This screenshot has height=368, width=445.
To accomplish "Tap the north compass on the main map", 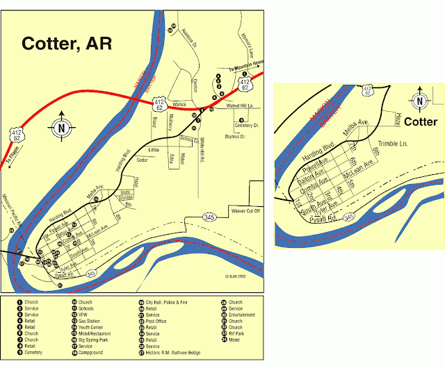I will pos(61,127).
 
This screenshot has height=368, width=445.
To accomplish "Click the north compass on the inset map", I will pos(420,101).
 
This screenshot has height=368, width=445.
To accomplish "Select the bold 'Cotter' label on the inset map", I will pos(421,122).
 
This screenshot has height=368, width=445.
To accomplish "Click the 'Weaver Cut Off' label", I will pos(243,210).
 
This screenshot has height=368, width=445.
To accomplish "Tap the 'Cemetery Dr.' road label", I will pos(247,126).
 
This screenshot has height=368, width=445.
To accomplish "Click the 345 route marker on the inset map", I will pos(350,217).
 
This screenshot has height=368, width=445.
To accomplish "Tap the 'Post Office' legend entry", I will pos(156,321).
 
